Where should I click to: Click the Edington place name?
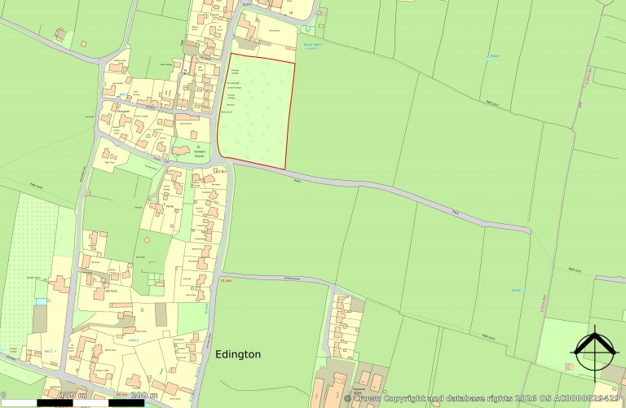tap(238, 354)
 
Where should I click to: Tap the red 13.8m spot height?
tap(220, 171)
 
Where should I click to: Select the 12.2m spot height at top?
tap(248, 4)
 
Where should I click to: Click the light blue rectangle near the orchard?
tap(42, 301)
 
